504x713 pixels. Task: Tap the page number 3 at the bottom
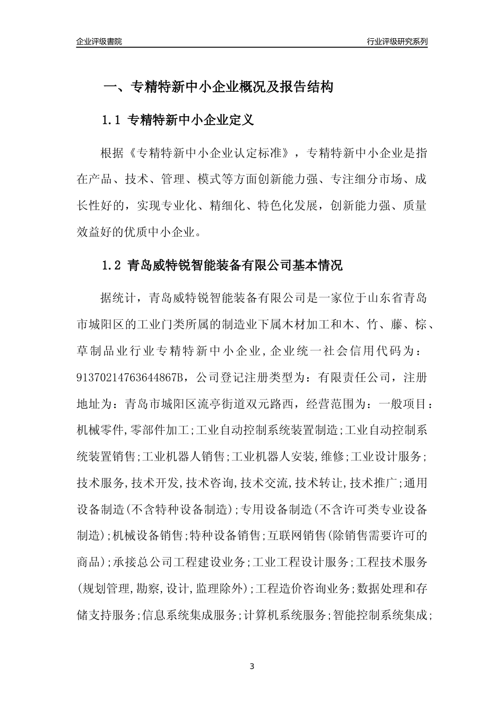coord(252,666)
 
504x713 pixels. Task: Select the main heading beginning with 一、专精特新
coord(218,87)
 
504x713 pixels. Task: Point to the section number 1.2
coord(112,265)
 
